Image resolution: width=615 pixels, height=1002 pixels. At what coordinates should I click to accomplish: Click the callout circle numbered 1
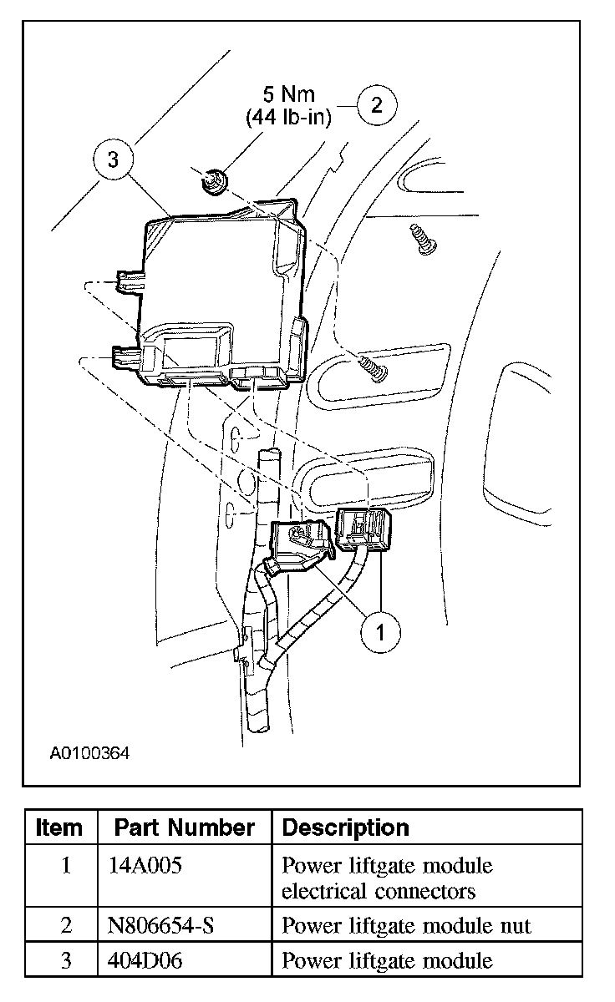click(x=380, y=632)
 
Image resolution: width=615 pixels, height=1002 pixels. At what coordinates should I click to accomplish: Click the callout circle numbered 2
click(x=377, y=104)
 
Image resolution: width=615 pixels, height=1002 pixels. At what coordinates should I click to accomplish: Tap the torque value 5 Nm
click(x=288, y=93)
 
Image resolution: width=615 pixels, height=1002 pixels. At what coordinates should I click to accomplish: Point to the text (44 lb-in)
click(x=288, y=117)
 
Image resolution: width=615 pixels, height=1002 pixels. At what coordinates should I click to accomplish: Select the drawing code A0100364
click(x=89, y=752)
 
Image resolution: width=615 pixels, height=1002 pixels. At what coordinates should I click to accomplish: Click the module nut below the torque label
click(x=214, y=180)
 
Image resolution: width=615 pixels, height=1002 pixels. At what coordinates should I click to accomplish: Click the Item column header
click(x=60, y=827)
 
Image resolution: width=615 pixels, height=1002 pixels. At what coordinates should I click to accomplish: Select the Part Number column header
click(x=184, y=827)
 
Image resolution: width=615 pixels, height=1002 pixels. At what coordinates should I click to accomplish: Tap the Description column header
click(x=345, y=827)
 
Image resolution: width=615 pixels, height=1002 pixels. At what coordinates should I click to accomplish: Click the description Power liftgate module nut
click(x=406, y=925)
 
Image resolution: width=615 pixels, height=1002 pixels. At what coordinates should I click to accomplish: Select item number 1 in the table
click(x=66, y=865)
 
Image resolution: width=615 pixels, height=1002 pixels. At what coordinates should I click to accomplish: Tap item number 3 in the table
click(x=66, y=960)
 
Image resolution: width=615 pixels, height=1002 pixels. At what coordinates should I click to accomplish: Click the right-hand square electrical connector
click(x=364, y=528)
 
